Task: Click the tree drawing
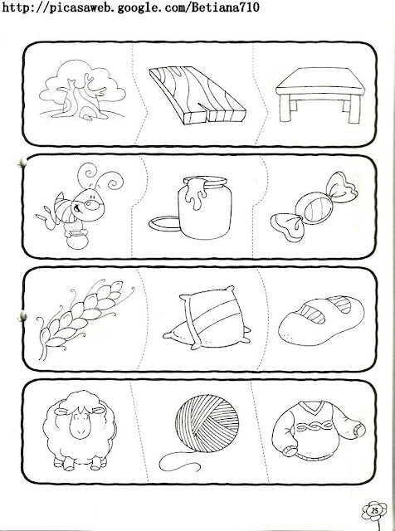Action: pyautogui.click(x=82, y=90)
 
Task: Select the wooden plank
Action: pyautogui.click(x=197, y=95)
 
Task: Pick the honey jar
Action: pyautogui.click(x=205, y=207)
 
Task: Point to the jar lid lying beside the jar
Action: pyautogui.click(x=164, y=224)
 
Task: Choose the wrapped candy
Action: pyautogui.click(x=314, y=207)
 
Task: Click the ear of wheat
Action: pyautogui.click(x=85, y=319)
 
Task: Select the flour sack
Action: pyautogui.click(x=207, y=319)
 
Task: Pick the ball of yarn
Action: pyautogui.click(x=207, y=423)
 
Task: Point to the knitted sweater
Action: pyautogui.click(x=319, y=430)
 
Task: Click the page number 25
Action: pyautogui.click(x=374, y=511)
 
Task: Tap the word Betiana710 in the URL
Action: pyautogui.click(x=225, y=7)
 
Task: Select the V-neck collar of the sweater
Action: pyautogui.click(x=313, y=407)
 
